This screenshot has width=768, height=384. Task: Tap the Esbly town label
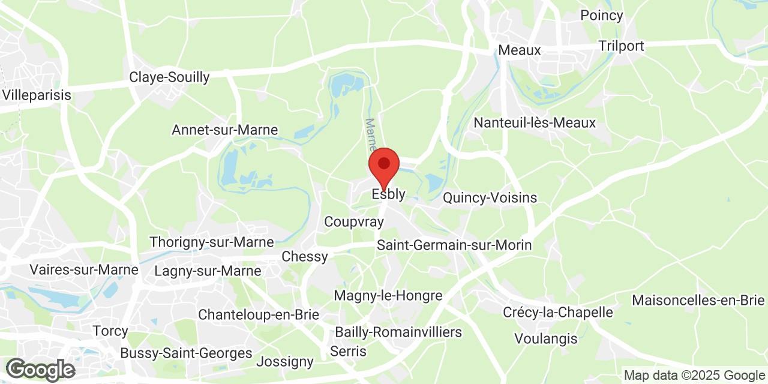pos(388,194)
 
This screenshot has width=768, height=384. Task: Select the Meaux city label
pos(520,50)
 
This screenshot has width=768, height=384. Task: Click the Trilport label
pos(621,46)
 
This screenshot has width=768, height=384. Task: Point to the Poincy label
pos(601,16)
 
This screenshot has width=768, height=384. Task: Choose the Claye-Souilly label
pos(170,77)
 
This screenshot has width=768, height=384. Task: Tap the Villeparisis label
pos(37,95)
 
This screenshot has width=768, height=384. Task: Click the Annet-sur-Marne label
pos(225,130)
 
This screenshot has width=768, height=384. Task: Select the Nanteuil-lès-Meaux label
pos(535,123)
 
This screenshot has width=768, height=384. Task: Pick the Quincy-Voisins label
pos(490,198)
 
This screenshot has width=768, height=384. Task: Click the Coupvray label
pos(353,222)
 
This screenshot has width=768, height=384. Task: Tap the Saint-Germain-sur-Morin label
pos(454,245)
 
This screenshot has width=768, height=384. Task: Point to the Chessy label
pos(305,257)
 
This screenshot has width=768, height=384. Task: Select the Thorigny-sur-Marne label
pos(211,242)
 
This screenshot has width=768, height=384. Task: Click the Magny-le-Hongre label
pos(388,296)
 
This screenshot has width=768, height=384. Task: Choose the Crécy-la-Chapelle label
pos(557,313)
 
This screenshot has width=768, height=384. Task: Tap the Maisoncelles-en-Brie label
pos(698,300)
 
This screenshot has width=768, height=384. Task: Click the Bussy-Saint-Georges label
pos(186,353)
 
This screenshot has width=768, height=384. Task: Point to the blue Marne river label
pos(371,134)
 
